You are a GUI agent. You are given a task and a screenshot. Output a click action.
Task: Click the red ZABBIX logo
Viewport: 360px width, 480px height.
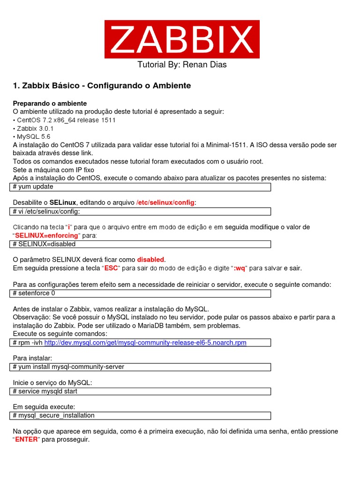[x=181, y=39]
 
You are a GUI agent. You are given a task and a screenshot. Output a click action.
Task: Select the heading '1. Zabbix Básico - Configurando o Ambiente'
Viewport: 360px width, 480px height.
[x=102, y=86]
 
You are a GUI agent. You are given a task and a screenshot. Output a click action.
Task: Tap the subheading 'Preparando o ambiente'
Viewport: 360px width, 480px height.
[x=50, y=103]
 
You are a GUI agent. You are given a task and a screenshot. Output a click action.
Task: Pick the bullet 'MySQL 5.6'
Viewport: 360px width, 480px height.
[x=33, y=137]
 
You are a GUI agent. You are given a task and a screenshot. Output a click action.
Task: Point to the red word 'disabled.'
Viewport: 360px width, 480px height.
[x=151, y=260]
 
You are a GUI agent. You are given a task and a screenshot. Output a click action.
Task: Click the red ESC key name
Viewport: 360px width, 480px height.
[x=111, y=268]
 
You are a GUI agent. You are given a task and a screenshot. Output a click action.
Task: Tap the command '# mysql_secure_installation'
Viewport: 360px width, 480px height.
[x=54, y=416]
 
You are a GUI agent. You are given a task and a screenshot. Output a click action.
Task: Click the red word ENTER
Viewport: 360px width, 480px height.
[x=27, y=440]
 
